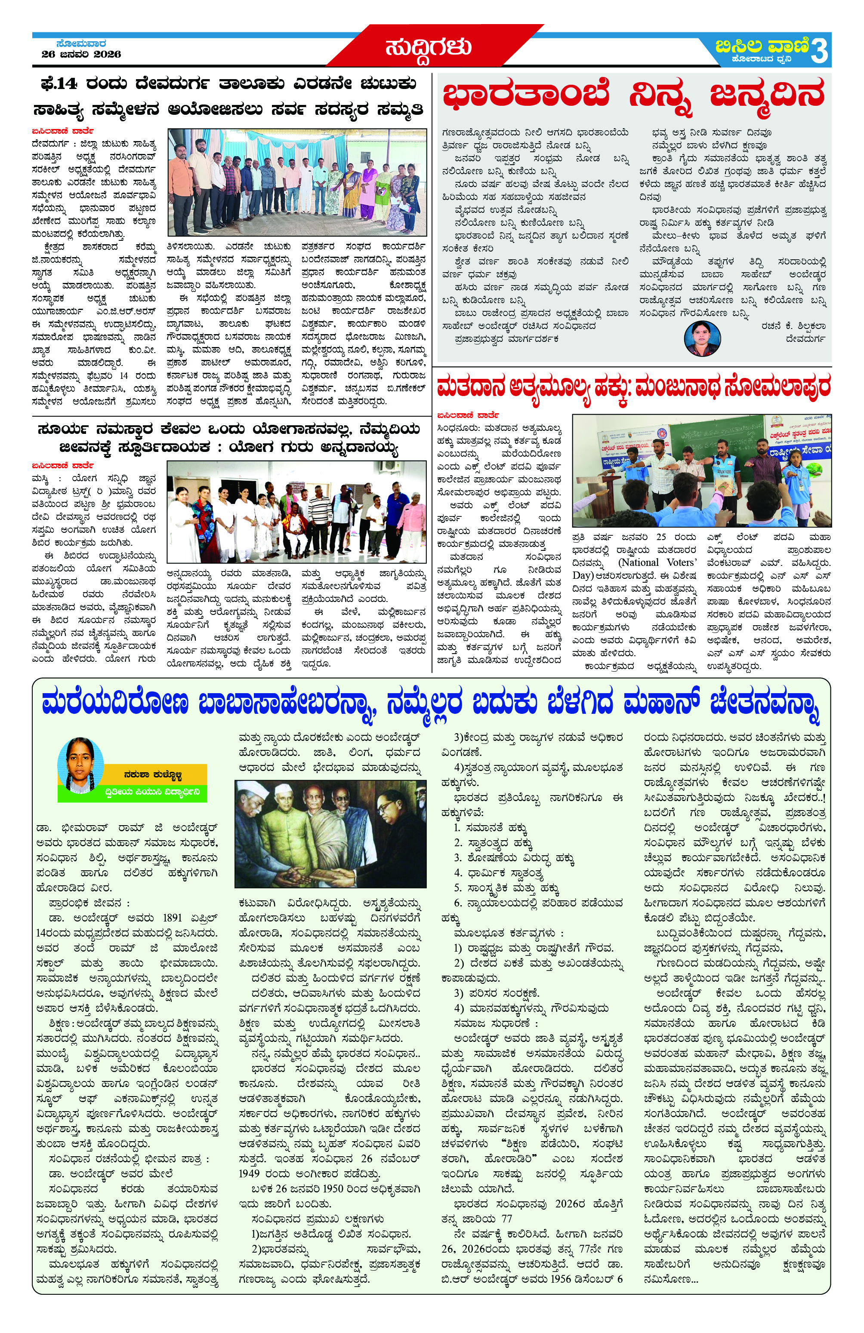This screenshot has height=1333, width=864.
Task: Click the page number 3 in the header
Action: (x=819, y=51)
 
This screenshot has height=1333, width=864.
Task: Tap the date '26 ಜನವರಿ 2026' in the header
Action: (x=81, y=54)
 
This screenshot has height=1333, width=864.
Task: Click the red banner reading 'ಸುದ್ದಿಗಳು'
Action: (x=428, y=47)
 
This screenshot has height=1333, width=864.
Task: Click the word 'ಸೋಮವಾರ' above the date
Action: (x=81, y=43)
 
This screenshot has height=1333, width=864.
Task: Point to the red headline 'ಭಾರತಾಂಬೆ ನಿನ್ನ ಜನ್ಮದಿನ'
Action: (x=633, y=95)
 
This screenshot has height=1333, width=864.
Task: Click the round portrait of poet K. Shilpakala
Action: (x=702, y=338)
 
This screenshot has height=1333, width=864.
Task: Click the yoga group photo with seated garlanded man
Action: (x=296, y=511)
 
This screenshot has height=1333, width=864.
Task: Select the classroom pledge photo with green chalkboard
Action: (x=701, y=470)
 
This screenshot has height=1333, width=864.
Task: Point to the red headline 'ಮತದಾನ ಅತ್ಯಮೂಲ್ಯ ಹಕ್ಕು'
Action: (x=633, y=387)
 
